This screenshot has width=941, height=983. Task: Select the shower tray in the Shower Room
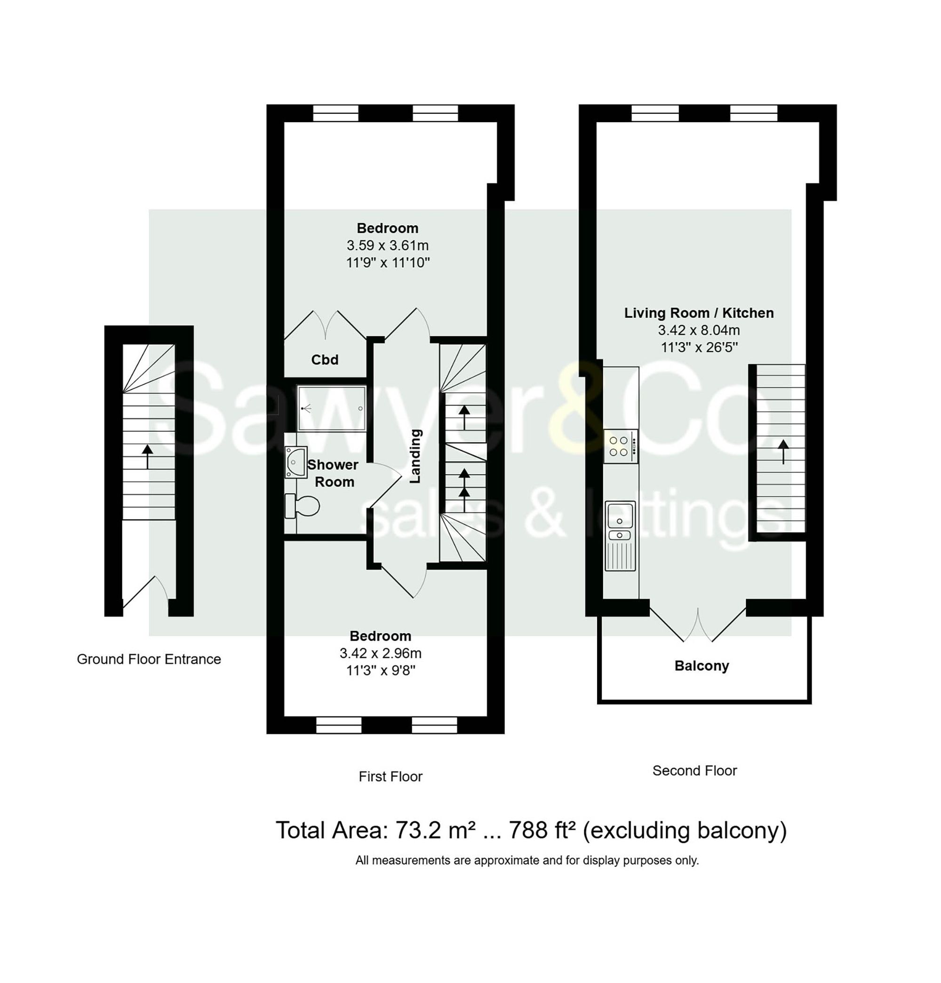tap(331, 408)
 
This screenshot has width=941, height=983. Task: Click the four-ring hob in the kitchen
tap(621, 446)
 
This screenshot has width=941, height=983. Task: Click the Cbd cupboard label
tap(325, 360)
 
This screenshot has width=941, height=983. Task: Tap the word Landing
tap(415, 456)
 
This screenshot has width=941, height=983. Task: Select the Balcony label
tap(701, 666)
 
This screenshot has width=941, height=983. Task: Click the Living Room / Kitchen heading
tap(699, 313)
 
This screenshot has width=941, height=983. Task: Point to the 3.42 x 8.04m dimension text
tap(699, 330)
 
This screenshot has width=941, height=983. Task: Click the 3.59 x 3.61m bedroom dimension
tap(387, 245)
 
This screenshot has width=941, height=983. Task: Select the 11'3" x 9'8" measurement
tap(380, 671)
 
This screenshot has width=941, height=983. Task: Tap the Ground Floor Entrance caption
tap(149, 659)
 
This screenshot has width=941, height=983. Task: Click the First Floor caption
tap(390, 777)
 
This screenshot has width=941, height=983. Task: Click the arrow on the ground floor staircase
tap(147, 456)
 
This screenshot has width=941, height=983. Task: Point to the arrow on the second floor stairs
tap(782, 451)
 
